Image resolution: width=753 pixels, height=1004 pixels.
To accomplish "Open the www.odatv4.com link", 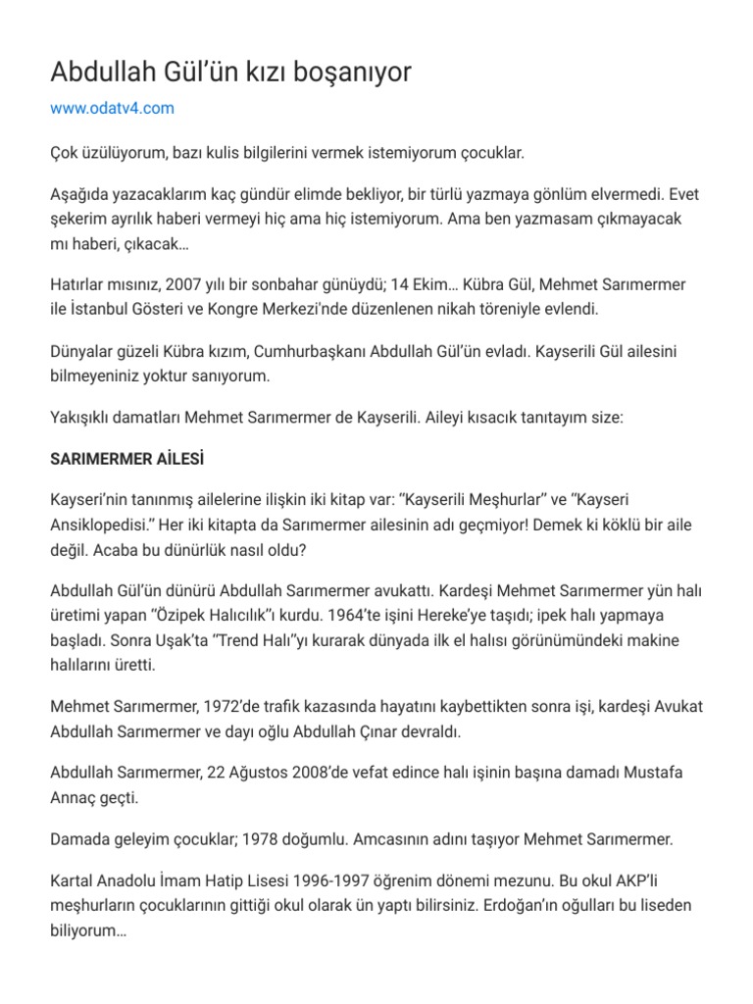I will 112,108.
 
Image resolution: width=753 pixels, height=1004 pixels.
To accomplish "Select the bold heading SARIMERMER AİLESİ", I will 126,459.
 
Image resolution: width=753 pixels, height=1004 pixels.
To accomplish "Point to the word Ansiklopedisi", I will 107,525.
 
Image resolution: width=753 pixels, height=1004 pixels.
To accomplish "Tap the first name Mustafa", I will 643,773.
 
